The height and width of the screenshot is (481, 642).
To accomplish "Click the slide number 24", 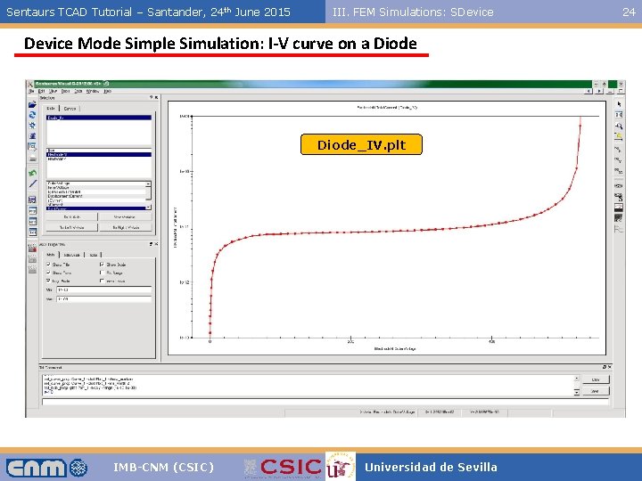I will tap(629, 12).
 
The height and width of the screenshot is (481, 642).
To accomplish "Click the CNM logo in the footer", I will tap(46, 467).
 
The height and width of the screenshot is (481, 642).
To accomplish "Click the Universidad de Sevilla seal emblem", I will tap(340, 467).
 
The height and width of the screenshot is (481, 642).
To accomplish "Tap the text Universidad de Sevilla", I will tap(431, 467).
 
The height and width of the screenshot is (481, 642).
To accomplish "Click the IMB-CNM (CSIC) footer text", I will tap(163, 467).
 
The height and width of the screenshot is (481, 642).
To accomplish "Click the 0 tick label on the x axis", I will tap(210, 341).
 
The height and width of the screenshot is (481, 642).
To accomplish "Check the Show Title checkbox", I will tap(49, 265).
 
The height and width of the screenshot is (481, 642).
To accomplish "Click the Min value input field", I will tap(103, 289).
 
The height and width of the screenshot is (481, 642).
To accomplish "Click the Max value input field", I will tap(103, 299).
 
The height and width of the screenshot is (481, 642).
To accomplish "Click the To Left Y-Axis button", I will tap(71, 228).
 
